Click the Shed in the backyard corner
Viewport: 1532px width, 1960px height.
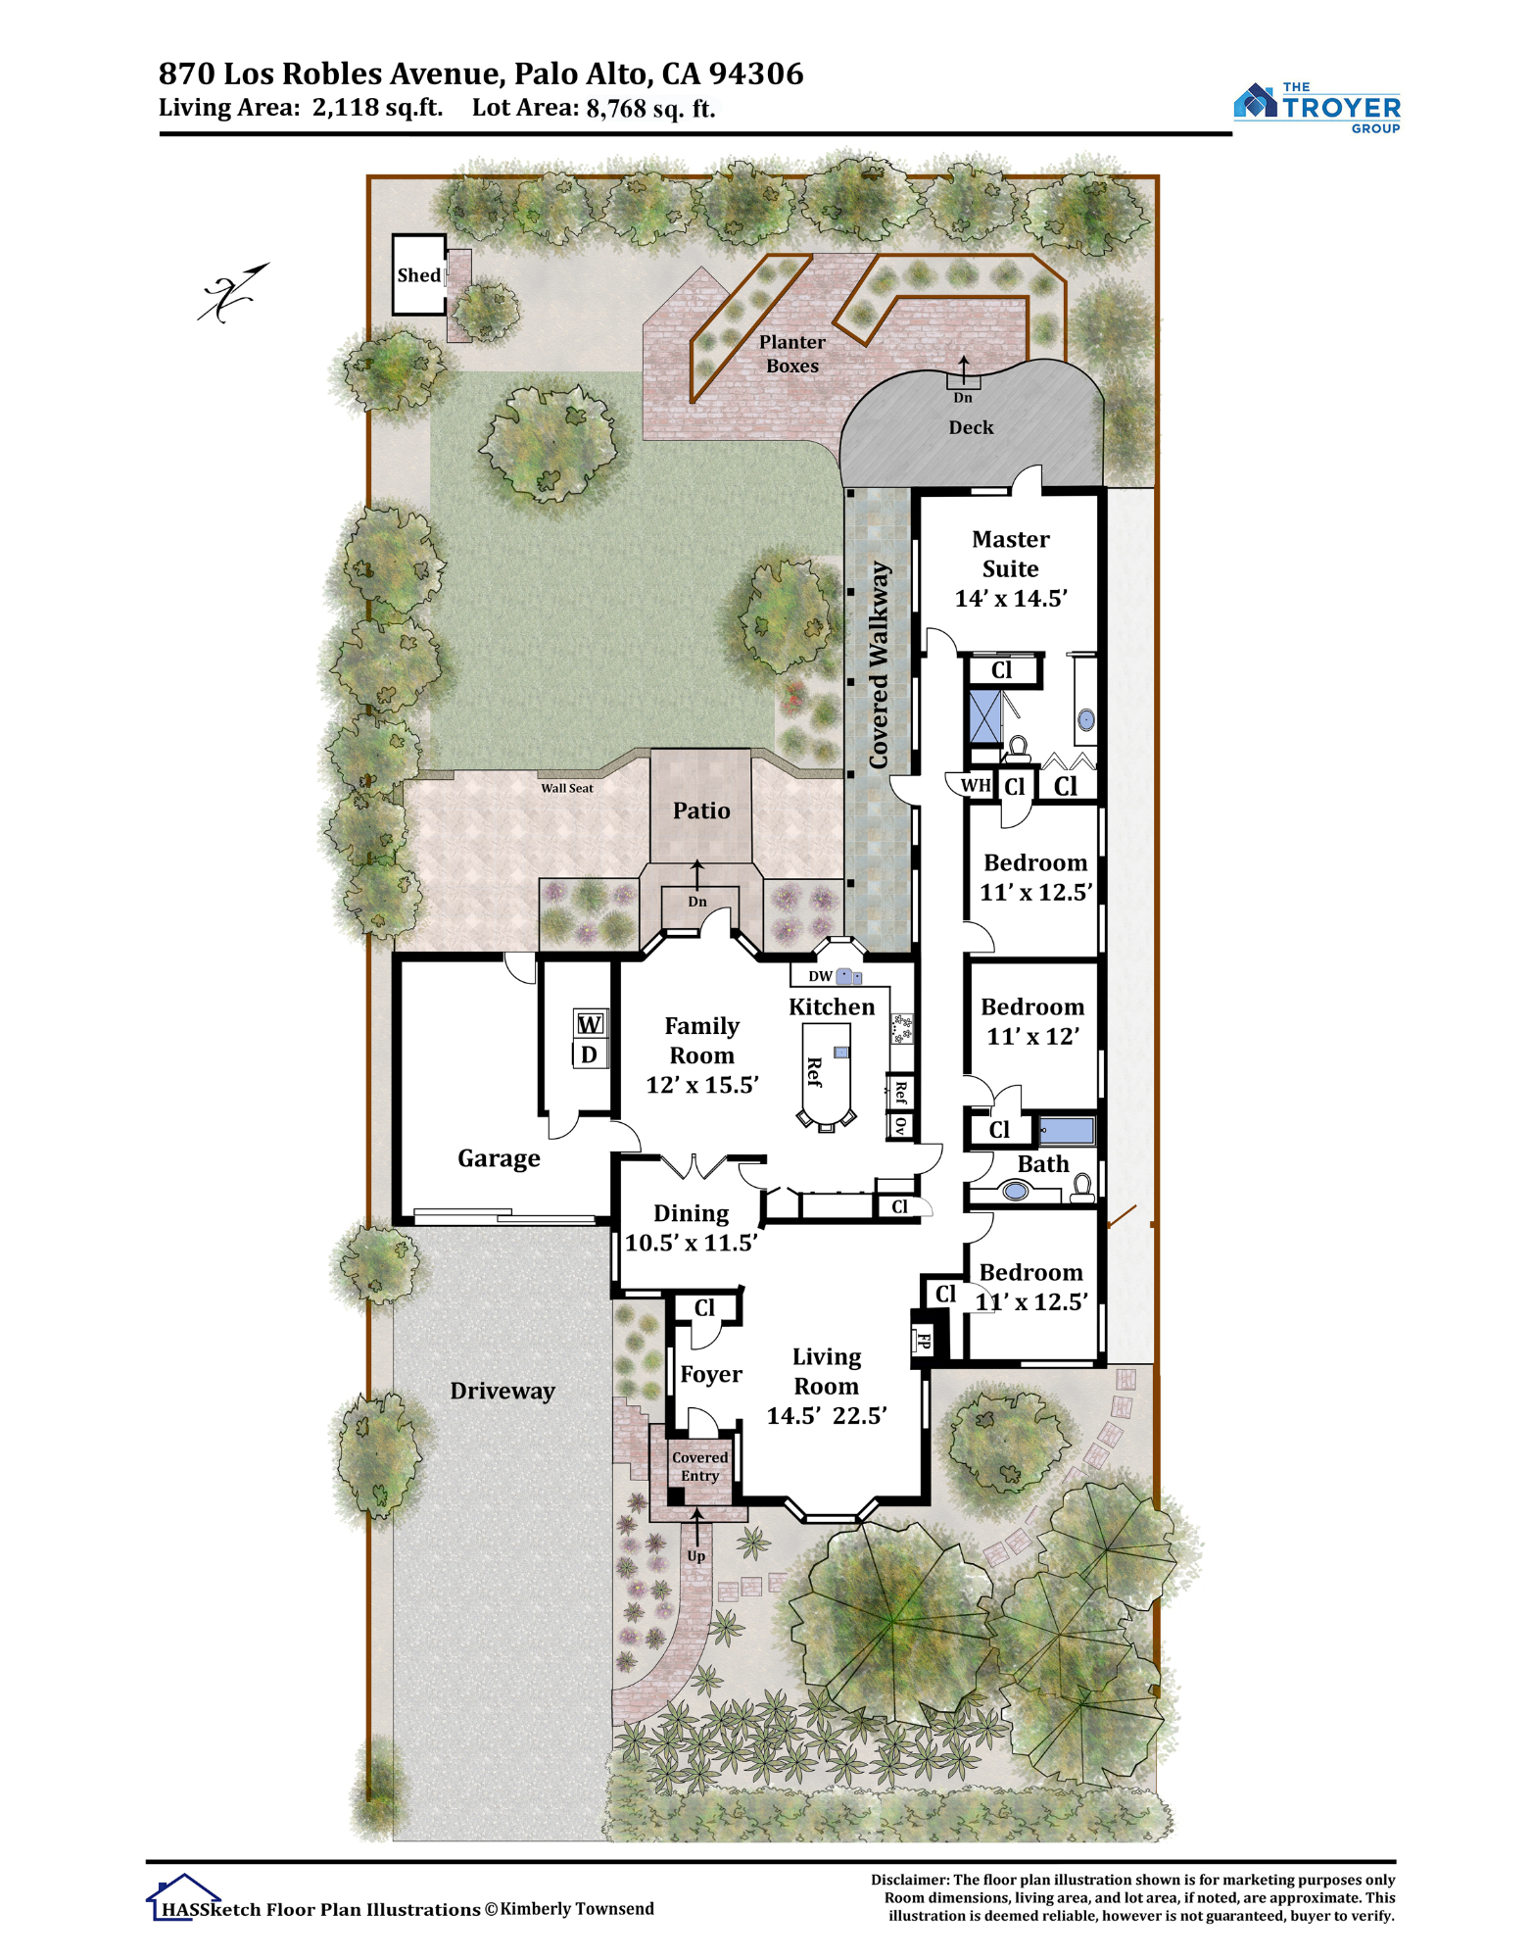click(x=419, y=274)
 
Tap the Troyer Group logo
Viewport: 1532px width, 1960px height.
click(x=1317, y=107)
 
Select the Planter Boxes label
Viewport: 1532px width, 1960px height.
click(x=792, y=354)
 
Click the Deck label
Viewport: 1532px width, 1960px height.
click(x=971, y=427)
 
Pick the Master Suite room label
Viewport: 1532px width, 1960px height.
click(x=1011, y=554)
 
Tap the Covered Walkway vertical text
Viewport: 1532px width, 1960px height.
click(x=879, y=664)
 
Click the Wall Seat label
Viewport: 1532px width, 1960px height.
click(x=567, y=788)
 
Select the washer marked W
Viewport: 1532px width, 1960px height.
click(x=590, y=1024)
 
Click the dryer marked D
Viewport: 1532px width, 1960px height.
click(x=590, y=1054)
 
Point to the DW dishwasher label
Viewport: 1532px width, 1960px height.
click(x=820, y=976)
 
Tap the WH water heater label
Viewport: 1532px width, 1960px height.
click(x=976, y=785)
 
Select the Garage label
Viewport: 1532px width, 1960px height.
click(x=500, y=1158)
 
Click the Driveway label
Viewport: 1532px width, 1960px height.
click(x=503, y=1391)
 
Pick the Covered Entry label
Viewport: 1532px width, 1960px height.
click(x=700, y=1466)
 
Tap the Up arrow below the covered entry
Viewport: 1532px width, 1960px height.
click(x=696, y=1527)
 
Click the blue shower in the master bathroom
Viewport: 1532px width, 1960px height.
click(x=985, y=717)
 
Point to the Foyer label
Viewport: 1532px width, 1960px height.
click(x=711, y=1375)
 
